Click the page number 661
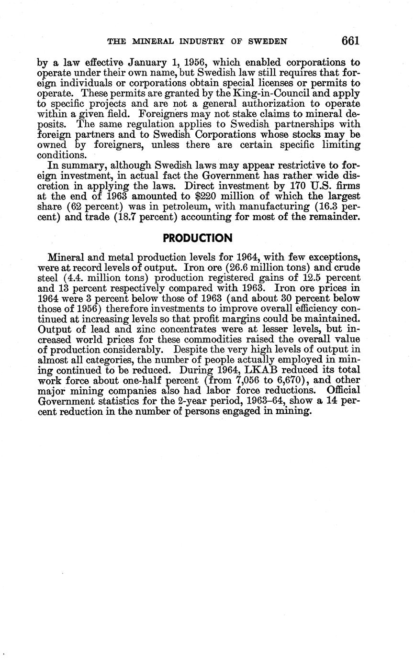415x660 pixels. (350, 41)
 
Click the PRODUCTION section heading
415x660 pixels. (198, 238)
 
